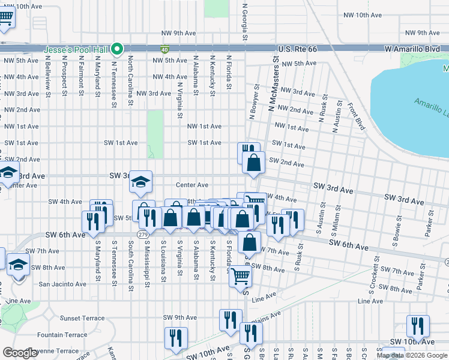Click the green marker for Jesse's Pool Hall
pyautogui.click(x=119, y=49)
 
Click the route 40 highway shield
pyautogui.click(x=164, y=48)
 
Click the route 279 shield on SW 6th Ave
pyautogui.click(x=142, y=234)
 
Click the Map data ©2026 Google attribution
pyautogui.click(x=412, y=355)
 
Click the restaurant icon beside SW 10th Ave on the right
pyautogui.click(x=418, y=326)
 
